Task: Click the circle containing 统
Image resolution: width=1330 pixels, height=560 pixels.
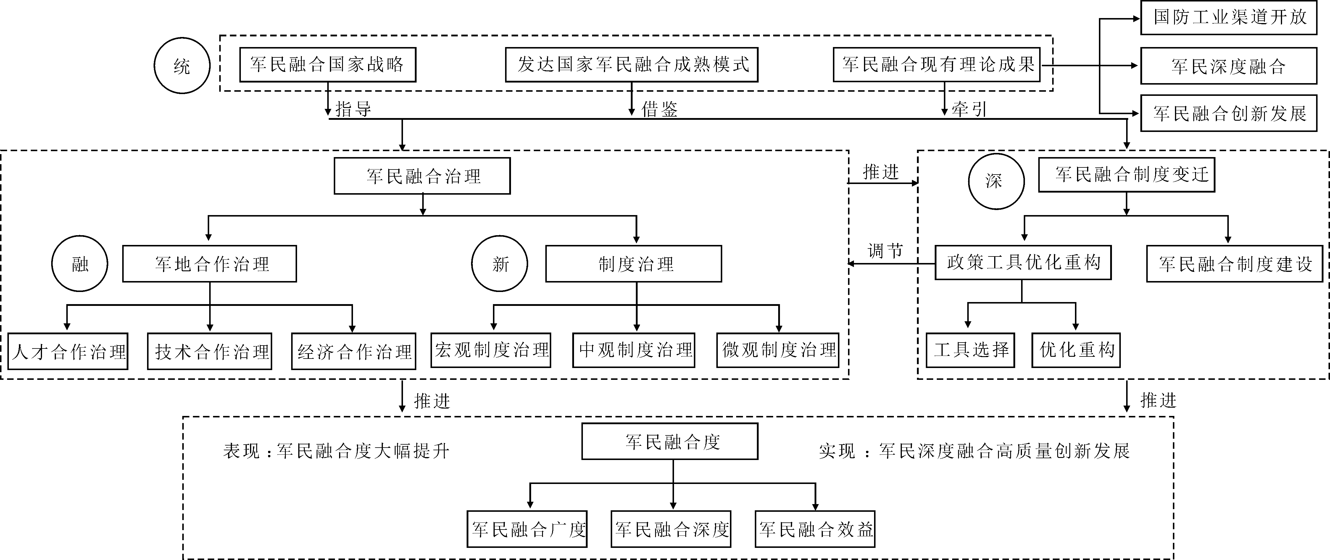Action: point(182,66)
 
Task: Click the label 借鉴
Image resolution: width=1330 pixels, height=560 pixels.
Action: point(659,109)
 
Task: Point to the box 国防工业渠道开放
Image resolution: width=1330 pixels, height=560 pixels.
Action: point(1229,17)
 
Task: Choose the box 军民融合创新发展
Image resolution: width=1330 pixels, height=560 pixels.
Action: point(1229,113)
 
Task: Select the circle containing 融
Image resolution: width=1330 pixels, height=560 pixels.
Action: point(80,264)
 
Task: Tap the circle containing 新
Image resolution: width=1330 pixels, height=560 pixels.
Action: point(500,264)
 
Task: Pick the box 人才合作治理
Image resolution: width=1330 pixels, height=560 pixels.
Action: point(68,351)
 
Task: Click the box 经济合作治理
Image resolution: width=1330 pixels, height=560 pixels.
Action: point(354,351)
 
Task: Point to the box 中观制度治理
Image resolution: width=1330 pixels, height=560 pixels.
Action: point(634,350)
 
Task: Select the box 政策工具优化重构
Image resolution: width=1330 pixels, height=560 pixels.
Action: point(1023,263)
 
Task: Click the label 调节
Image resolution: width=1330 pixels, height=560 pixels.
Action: point(885,251)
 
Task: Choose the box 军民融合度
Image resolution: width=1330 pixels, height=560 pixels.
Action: point(670,441)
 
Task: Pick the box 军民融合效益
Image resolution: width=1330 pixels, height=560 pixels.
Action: point(815,529)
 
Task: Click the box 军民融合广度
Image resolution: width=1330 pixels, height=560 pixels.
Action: point(527,529)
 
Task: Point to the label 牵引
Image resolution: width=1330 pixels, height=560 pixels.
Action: point(969,109)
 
